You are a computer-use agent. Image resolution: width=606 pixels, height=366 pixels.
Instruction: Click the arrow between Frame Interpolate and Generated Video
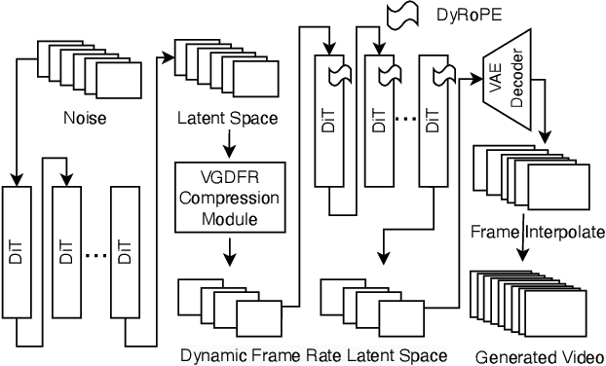pos(526,251)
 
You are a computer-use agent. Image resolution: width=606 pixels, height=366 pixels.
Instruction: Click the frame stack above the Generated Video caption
pos(528,304)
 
